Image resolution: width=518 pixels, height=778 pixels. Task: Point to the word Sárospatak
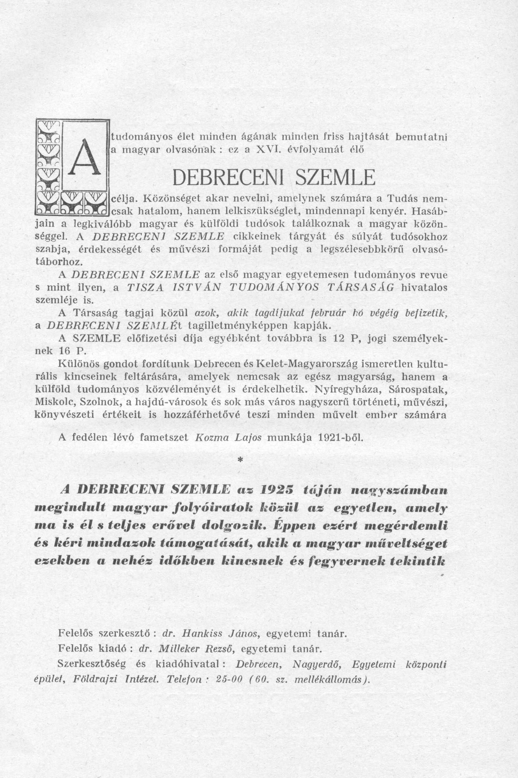click(x=418, y=390)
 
